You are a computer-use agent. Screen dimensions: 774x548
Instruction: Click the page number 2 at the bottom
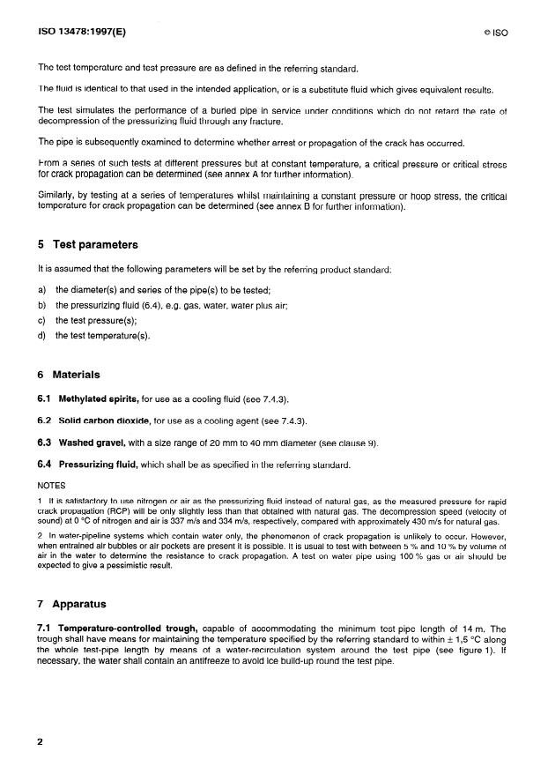(x=41, y=742)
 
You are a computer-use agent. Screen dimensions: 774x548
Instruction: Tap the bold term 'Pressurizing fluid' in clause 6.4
(x=99, y=464)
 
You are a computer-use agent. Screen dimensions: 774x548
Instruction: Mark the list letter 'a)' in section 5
(x=42, y=290)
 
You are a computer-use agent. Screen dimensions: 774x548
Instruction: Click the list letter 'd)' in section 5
(x=42, y=336)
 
